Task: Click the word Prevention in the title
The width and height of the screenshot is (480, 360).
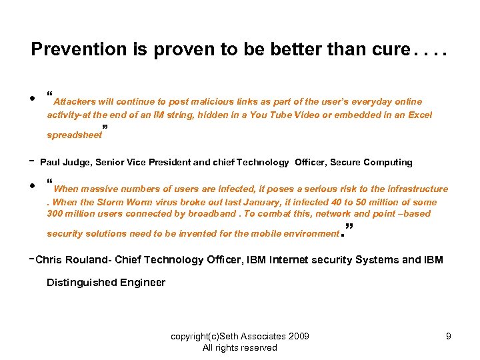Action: (x=69, y=50)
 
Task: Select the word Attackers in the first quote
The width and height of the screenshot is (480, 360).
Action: (x=75, y=102)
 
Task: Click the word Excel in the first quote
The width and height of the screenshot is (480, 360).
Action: (x=419, y=115)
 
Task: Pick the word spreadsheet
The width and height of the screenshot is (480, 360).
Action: (x=74, y=135)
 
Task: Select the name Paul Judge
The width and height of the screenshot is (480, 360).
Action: (x=65, y=162)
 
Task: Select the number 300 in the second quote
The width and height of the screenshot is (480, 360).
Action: (x=55, y=214)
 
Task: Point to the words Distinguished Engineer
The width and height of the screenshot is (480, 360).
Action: (x=106, y=283)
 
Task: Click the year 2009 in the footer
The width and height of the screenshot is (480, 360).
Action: (x=298, y=336)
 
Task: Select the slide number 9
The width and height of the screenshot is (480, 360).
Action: (x=449, y=336)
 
